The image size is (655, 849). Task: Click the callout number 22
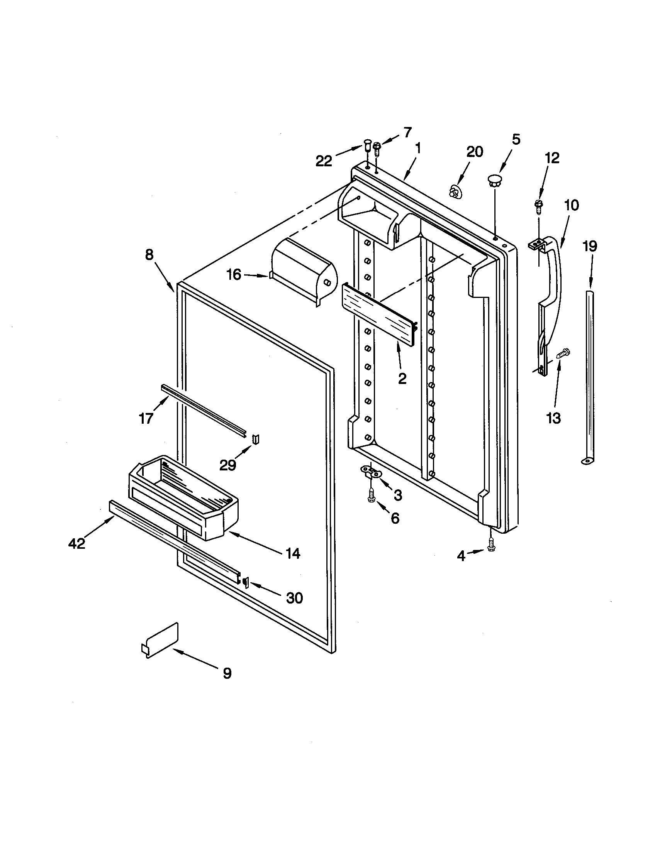click(x=324, y=160)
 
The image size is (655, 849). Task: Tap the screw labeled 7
click(x=377, y=149)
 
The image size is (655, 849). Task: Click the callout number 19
click(x=590, y=247)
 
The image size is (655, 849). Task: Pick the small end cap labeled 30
click(x=245, y=582)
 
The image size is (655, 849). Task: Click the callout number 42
click(x=76, y=544)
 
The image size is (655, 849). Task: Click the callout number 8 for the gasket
click(x=149, y=255)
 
